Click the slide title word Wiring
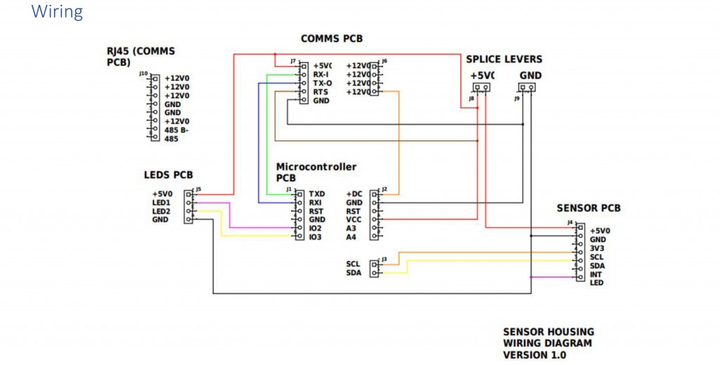click(57, 12)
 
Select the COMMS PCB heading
click(332, 39)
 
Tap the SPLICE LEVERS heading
click(504, 59)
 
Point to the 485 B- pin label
click(176, 130)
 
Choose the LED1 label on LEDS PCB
click(161, 203)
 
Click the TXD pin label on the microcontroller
click(316, 193)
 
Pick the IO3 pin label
click(316, 237)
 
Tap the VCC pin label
click(354, 219)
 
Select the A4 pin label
click(351, 237)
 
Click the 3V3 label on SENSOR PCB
click(598, 248)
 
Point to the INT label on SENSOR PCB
click(596, 274)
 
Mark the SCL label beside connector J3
click(353, 264)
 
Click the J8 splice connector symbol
click(481, 88)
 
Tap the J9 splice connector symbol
click(527, 88)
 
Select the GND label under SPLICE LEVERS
click(530, 75)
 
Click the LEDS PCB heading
click(168, 175)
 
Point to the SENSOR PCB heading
click(589, 208)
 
